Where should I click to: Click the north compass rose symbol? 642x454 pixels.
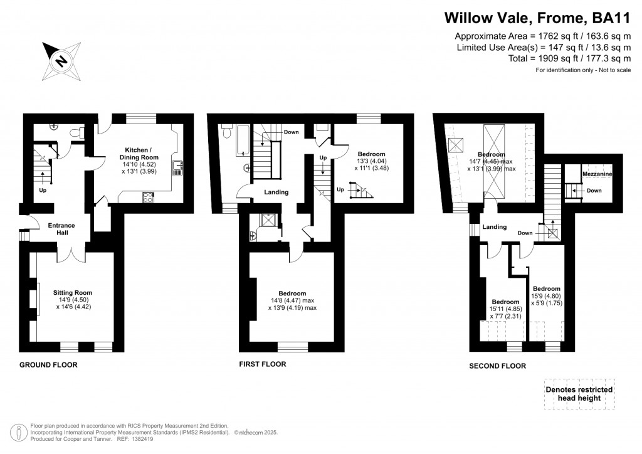pyautogui.click(x=61, y=61)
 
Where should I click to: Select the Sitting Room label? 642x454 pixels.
pyautogui.click(x=73, y=293)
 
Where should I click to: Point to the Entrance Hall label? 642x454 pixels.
pyautogui.click(x=62, y=230)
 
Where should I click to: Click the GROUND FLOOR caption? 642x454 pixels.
pyautogui.click(x=48, y=365)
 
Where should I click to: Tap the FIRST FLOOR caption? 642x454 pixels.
pyautogui.click(x=262, y=364)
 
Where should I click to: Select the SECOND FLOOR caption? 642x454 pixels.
pyautogui.click(x=497, y=366)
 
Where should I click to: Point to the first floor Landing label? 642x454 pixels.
pyautogui.click(x=276, y=193)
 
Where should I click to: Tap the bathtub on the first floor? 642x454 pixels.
pyautogui.click(x=228, y=139)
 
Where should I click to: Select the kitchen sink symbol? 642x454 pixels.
pyautogui.click(x=178, y=167)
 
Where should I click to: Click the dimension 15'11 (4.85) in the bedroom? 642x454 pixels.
pyautogui.click(x=505, y=309)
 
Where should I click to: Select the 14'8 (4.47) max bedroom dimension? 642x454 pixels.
pyautogui.click(x=292, y=301)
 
